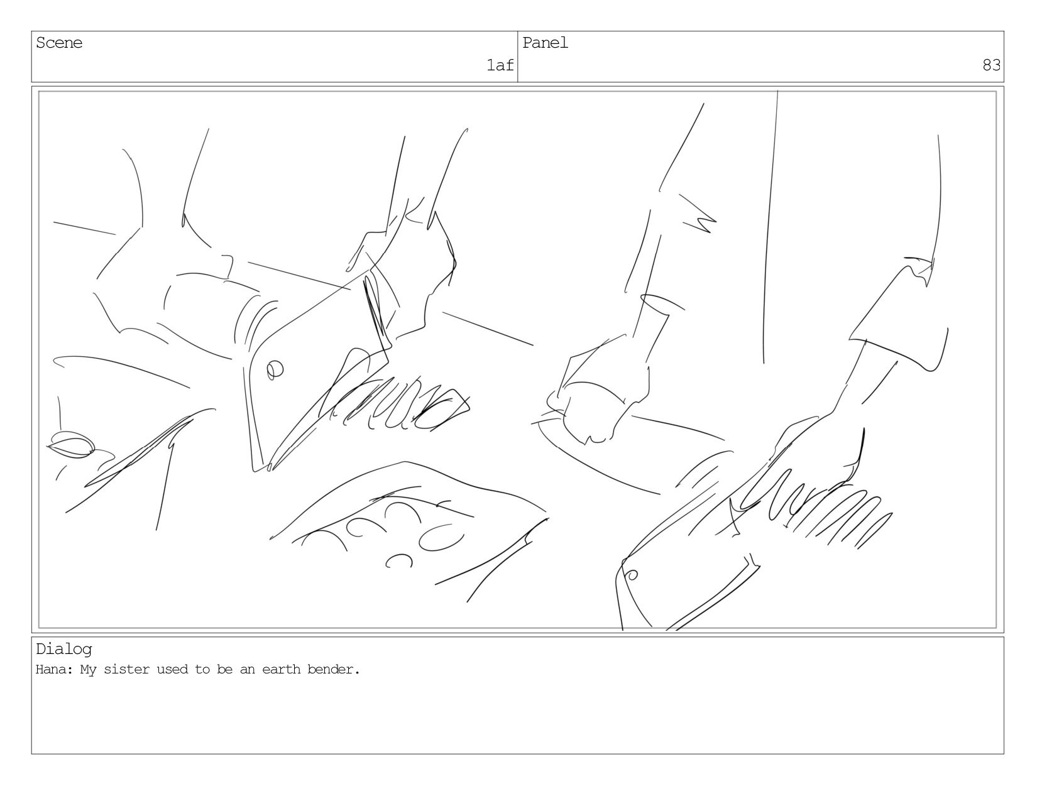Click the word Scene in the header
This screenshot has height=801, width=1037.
pos(58,43)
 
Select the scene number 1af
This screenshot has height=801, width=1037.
pos(500,65)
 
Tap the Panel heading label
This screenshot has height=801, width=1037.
pos(545,43)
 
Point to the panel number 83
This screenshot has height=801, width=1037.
pos(991,65)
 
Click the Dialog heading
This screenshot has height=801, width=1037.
pos(63,650)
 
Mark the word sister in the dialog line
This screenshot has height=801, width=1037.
pos(126,669)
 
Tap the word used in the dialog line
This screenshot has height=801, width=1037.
pos(172,669)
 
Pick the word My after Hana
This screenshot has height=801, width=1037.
pos(88,670)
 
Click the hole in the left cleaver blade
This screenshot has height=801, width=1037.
pos(275,370)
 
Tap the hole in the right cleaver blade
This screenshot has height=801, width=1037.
pos(632,575)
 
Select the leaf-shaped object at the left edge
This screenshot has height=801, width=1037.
pos(72,445)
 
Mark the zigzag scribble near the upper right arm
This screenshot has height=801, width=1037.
pos(698,213)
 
